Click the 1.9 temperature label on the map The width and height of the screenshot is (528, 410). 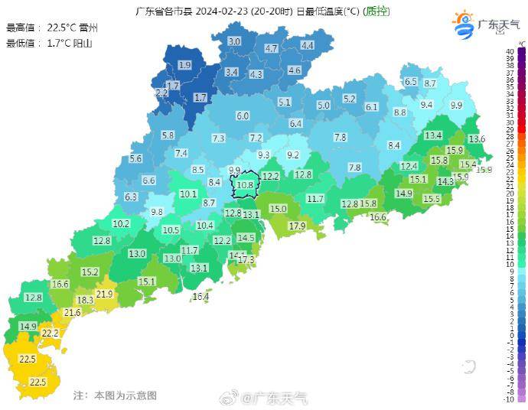click(x=184, y=66)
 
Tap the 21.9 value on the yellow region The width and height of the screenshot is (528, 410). click(x=105, y=294)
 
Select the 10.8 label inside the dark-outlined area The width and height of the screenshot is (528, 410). click(x=245, y=184)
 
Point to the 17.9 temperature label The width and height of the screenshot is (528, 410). click(x=297, y=226)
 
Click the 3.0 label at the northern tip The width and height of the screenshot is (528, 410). click(x=234, y=41)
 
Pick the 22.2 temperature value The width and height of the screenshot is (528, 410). click(x=50, y=334)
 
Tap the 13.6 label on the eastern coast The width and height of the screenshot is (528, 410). click(x=477, y=139)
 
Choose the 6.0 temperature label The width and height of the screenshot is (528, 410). click(x=243, y=116)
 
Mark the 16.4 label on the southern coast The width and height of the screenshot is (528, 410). click(x=200, y=297)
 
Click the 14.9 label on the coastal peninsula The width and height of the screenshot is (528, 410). click(x=28, y=327)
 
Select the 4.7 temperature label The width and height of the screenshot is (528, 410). click(x=271, y=48)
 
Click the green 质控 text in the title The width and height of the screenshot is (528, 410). click(x=376, y=11)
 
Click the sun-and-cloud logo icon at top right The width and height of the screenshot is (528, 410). click(x=464, y=24)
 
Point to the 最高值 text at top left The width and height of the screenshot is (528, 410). click(x=21, y=28)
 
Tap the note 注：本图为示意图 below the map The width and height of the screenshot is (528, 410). click(x=115, y=395)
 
